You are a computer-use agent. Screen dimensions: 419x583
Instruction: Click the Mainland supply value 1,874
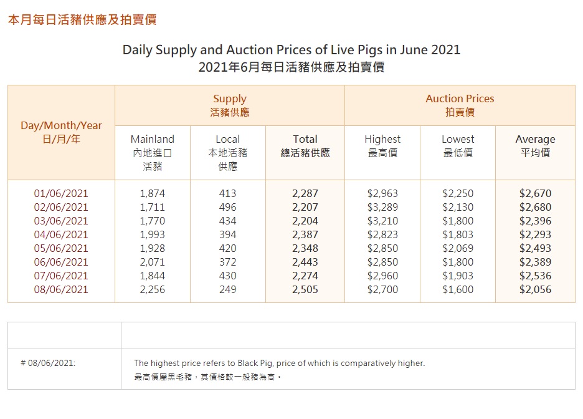pyautogui.click(x=152, y=193)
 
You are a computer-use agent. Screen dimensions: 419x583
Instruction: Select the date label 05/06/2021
pyautogui.click(x=61, y=248)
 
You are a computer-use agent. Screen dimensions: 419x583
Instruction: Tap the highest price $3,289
pyautogui.click(x=382, y=207)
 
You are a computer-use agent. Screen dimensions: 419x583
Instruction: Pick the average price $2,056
pyautogui.click(x=535, y=289)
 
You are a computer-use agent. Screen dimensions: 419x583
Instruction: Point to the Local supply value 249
pyautogui.click(x=227, y=289)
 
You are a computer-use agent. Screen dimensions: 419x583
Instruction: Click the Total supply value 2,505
pyautogui.click(x=305, y=289)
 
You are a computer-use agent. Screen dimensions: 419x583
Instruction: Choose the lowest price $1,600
pyautogui.click(x=458, y=289)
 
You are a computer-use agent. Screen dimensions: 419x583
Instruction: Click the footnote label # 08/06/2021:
pyautogui.click(x=48, y=363)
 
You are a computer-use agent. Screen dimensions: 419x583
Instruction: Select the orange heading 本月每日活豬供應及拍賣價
pyautogui.click(x=82, y=20)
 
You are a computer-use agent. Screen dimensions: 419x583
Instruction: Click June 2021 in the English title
pyautogui.click(x=432, y=50)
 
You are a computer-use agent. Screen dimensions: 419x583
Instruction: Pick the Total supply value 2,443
pyautogui.click(x=305, y=262)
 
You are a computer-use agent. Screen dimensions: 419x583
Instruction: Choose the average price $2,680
pyautogui.click(x=535, y=207)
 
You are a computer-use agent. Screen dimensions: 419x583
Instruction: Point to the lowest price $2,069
pyautogui.click(x=458, y=248)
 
